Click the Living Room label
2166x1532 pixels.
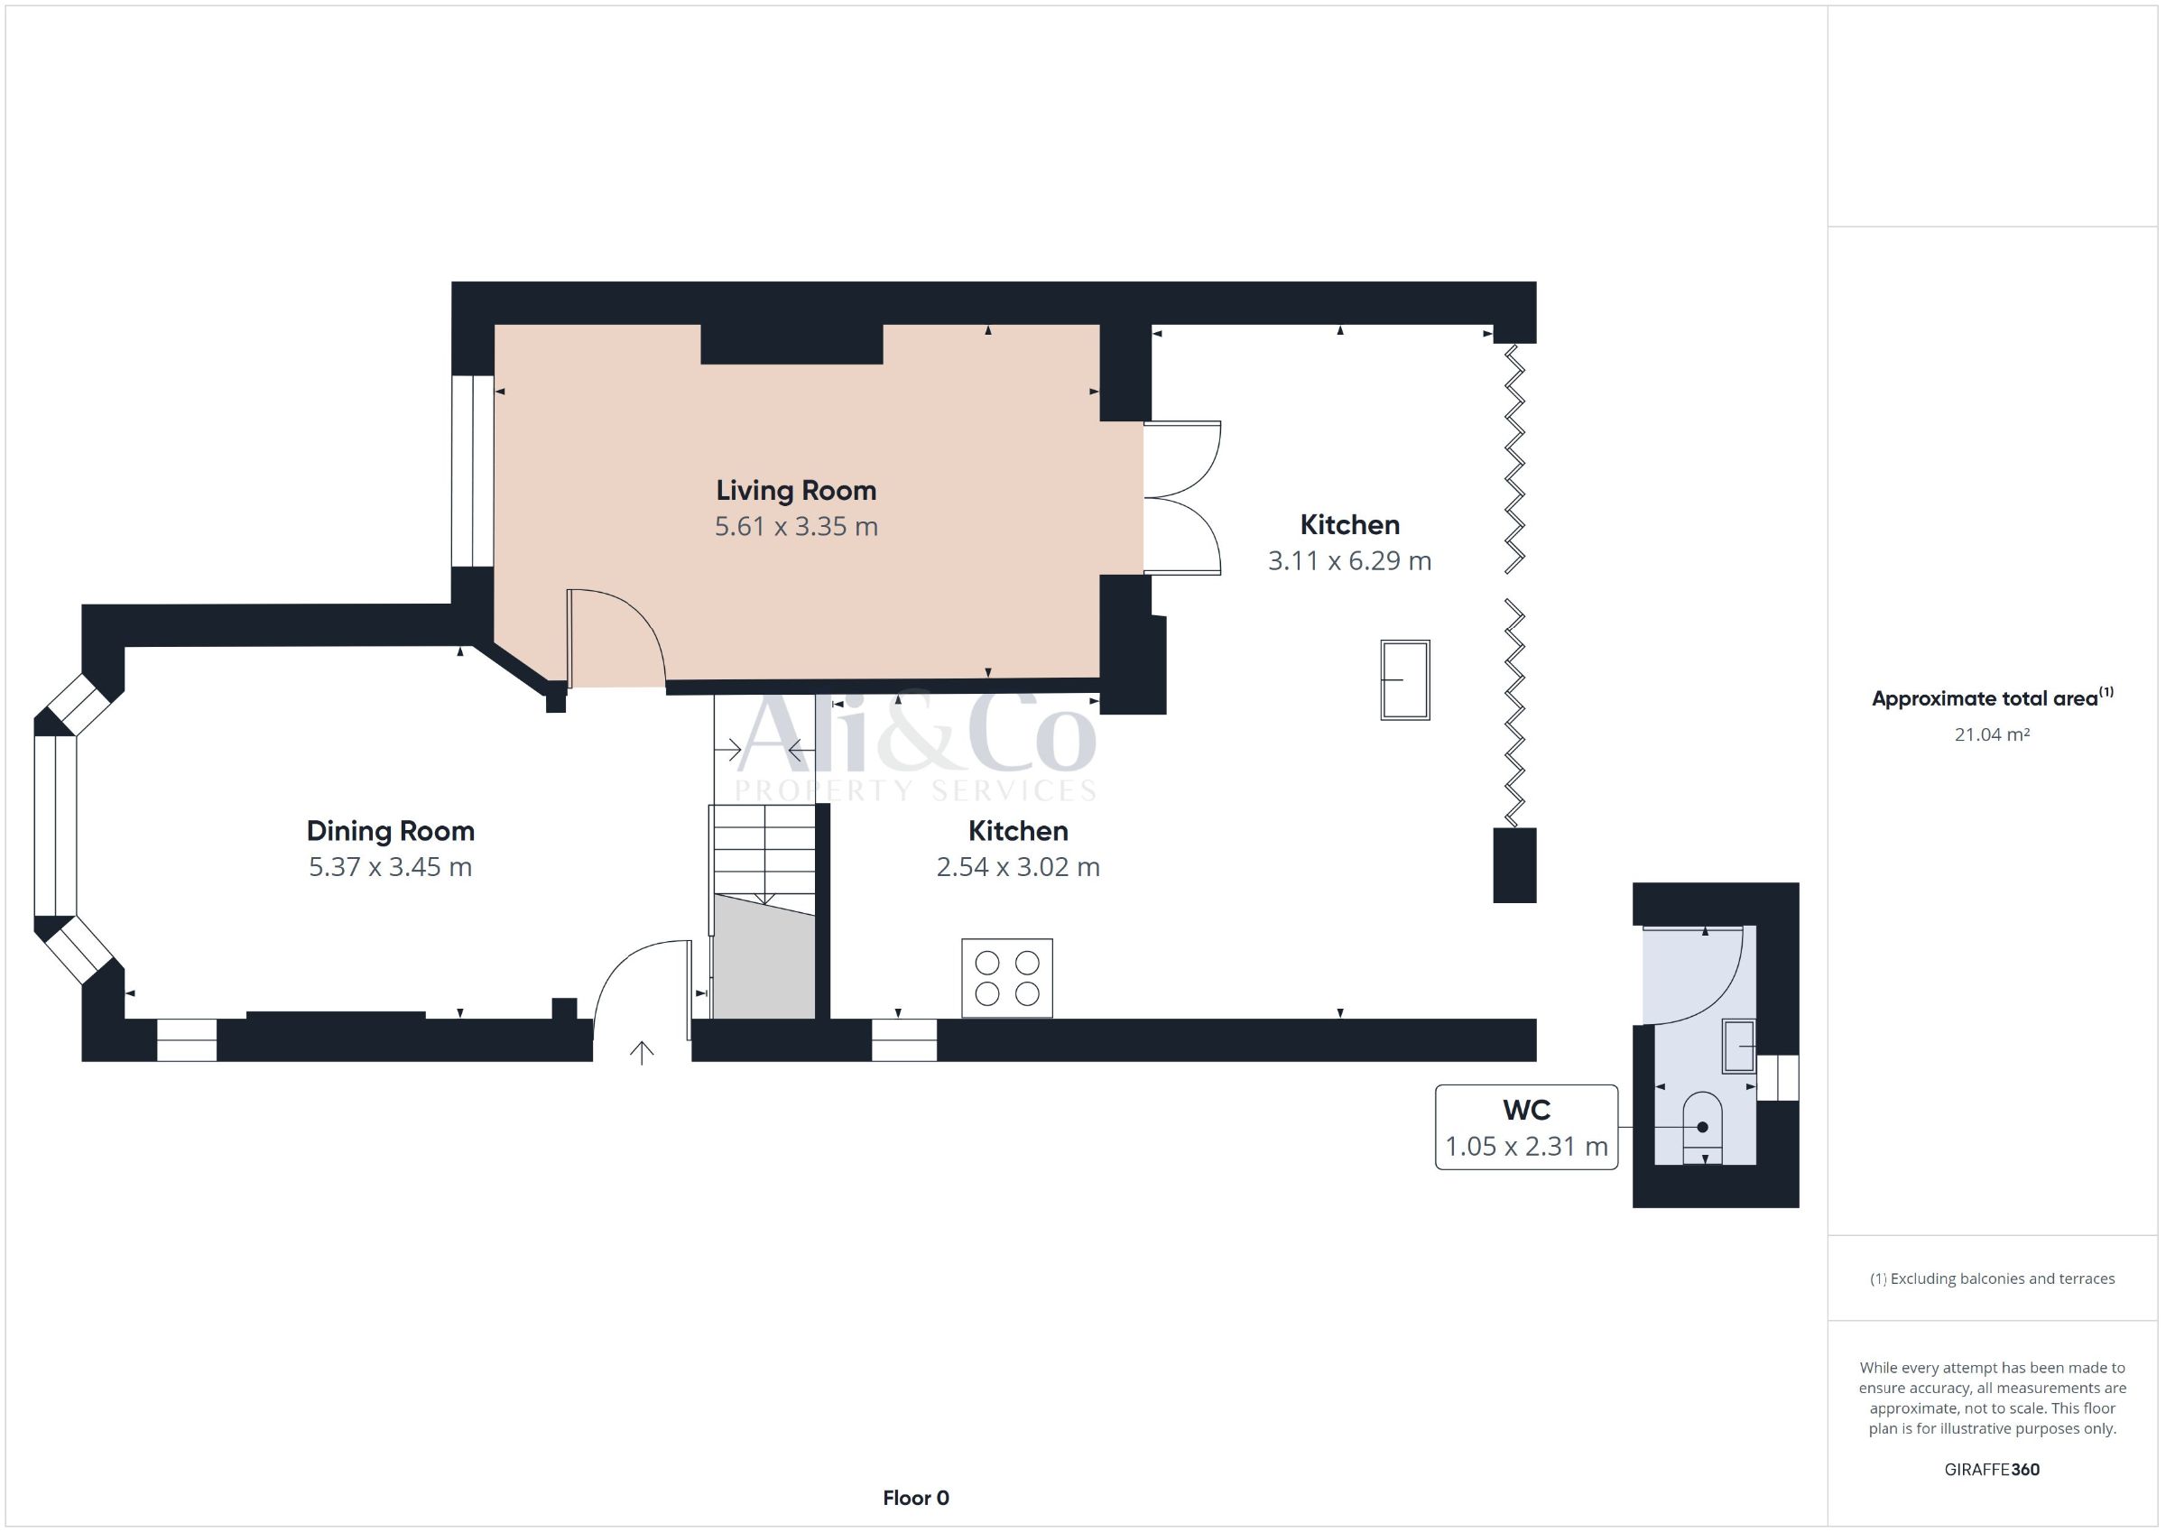(x=796, y=491)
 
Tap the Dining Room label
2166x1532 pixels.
(x=391, y=831)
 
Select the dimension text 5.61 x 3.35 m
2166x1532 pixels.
(x=796, y=526)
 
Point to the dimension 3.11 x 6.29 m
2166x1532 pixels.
(x=1350, y=561)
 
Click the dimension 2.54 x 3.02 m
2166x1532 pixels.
(x=1018, y=867)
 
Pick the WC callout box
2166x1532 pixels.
(x=1526, y=1127)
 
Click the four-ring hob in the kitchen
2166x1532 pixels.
(x=1006, y=978)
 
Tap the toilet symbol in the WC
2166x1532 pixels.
(x=1702, y=1128)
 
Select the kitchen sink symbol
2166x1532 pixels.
(x=1404, y=680)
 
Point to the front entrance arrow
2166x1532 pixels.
(x=642, y=1053)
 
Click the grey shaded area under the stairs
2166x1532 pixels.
(x=764, y=957)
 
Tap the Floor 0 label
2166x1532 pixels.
(x=916, y=1498)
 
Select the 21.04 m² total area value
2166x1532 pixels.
(x=1992, y=734)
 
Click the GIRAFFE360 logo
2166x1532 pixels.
(x=1992, y=1469)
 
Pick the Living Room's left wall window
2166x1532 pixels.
(x=472, y=472)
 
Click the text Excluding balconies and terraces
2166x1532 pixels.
(x=2002, y=1279)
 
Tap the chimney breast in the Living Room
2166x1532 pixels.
(x=791, y=345)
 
